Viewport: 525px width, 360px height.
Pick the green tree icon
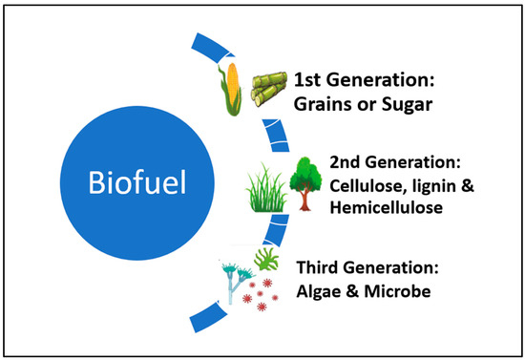pos(304,170)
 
